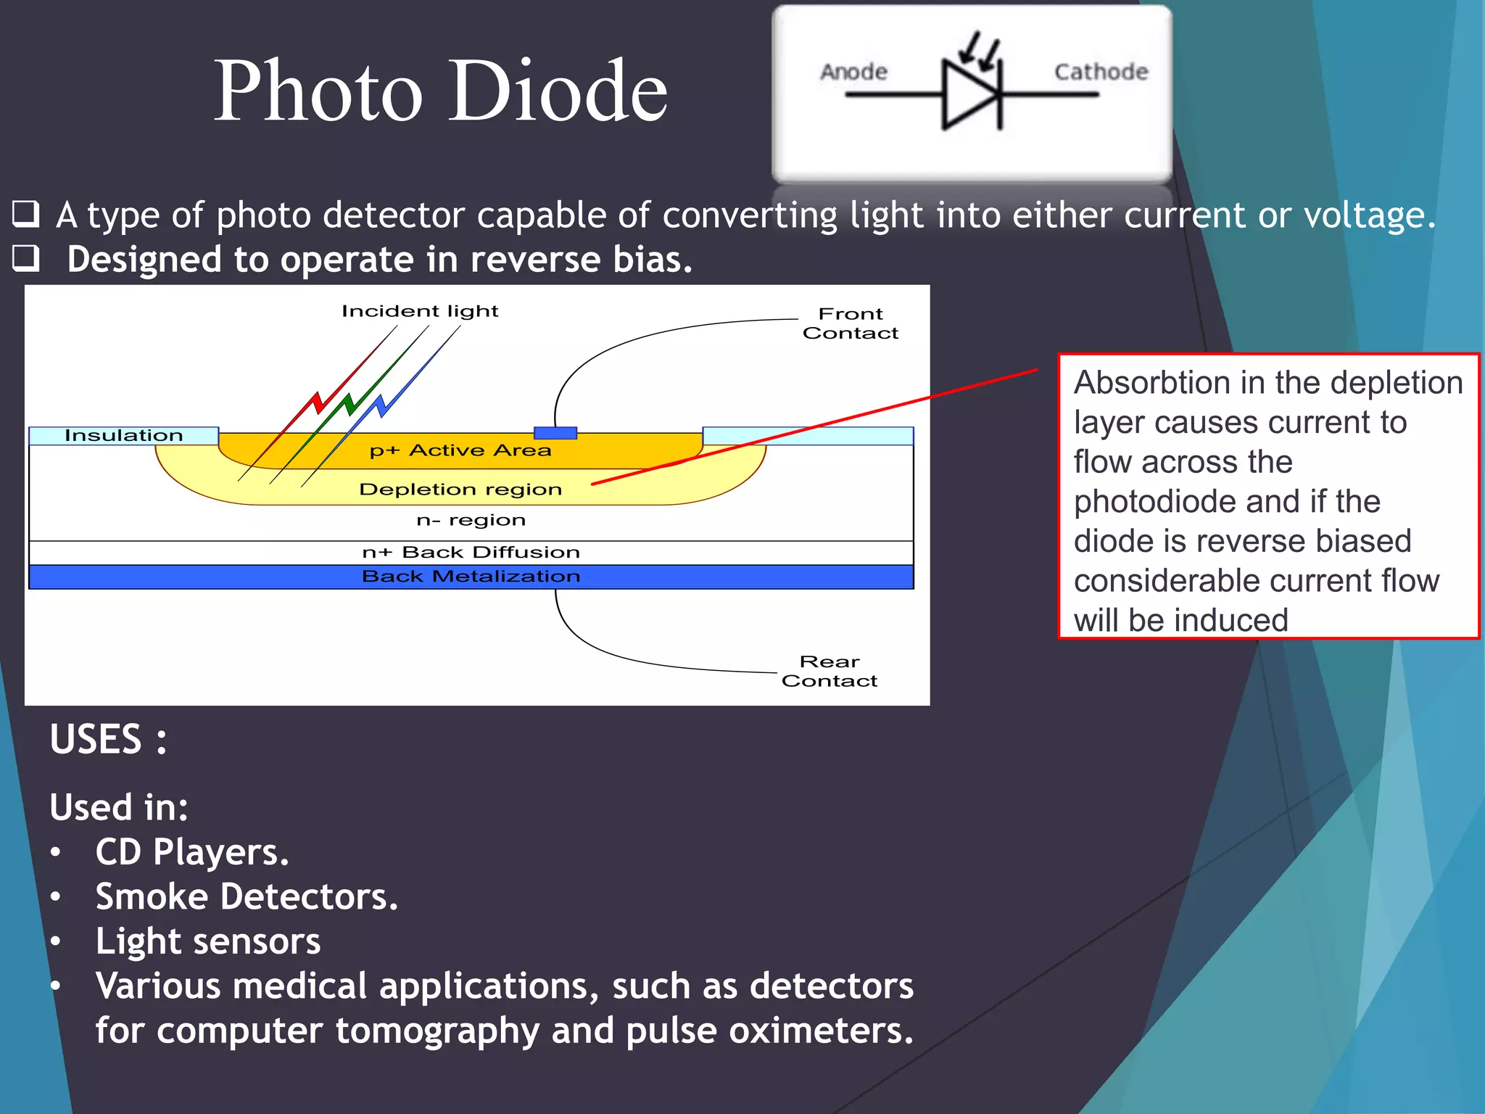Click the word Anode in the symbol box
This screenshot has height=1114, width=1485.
(x=853, y=72)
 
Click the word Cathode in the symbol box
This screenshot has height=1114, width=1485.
(x=1101, y=72)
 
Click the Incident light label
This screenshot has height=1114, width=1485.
(x=420, y=311)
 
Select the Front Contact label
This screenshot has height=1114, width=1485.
(x=851, y=323)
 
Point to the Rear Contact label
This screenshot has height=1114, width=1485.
(x=830, y=671)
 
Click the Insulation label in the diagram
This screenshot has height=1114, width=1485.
(x=123, y=435)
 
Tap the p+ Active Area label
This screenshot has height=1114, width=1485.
(x=460, y=450)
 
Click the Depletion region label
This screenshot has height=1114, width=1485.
(x=460, y=490)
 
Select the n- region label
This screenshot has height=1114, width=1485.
(x=471, y=520)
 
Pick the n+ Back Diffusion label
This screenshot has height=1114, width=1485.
(x=471, y=553)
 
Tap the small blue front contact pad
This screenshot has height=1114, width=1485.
(x=555, y=433)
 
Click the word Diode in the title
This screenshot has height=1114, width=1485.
(x=558, y=92)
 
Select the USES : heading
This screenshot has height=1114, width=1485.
(x=108, y=740)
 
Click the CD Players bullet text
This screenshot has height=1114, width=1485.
(x=192, y=852)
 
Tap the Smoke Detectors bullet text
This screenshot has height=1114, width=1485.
(x=247, y=897)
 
